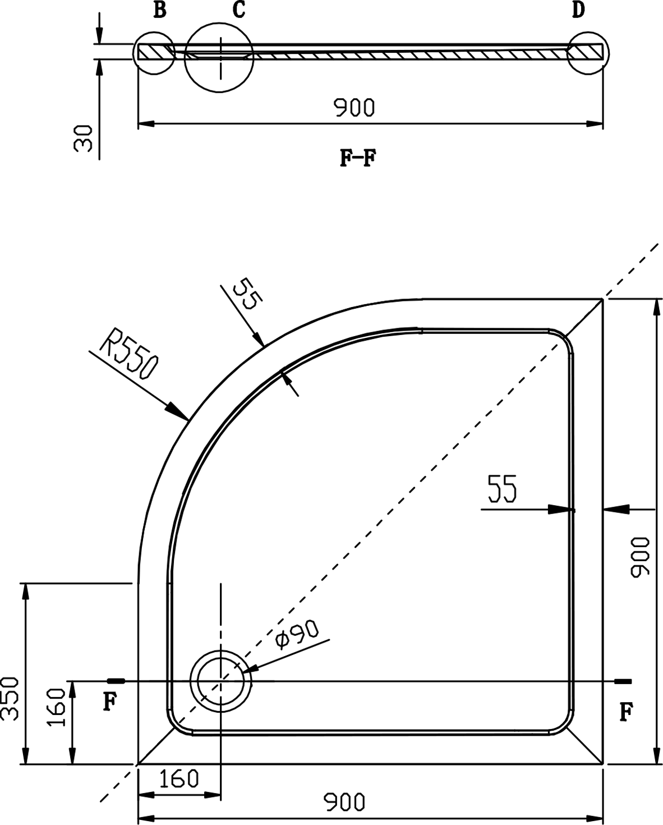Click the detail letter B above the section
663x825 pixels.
point(160,10)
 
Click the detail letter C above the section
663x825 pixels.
point(239,10)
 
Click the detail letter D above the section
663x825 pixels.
point(578,10)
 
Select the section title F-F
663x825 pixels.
point(358,158)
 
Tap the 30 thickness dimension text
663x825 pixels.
point(83,139)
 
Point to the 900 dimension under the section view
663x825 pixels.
point(353,108)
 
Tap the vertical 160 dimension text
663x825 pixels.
point(56,713)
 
